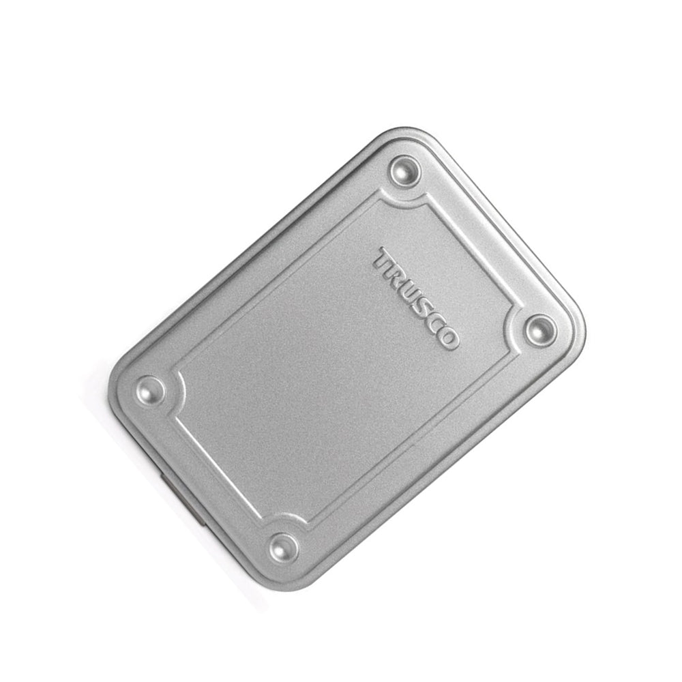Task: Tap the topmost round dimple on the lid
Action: (405, 170)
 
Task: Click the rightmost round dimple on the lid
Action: (541, 331)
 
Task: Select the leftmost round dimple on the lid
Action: (151, 389)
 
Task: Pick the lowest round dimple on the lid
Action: (284, 548)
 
